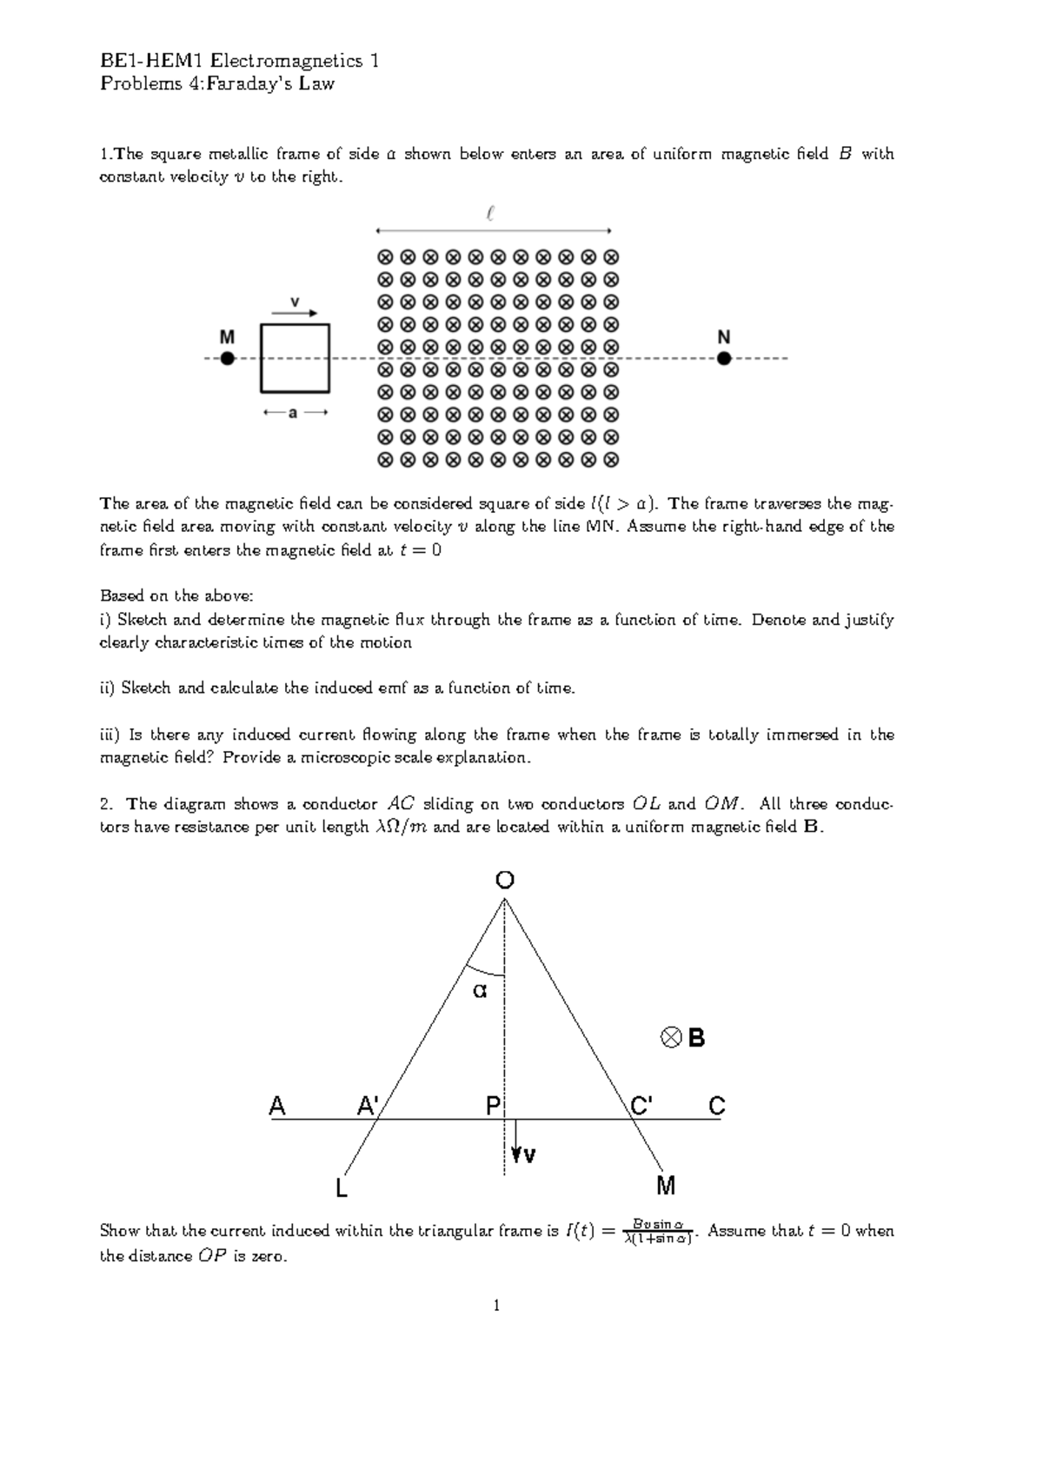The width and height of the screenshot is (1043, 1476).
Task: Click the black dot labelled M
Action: [x=227, y=358]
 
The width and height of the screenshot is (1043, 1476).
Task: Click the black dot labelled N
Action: [x=724, y=358]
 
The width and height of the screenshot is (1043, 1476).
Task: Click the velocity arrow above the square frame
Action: [x=295, y=314]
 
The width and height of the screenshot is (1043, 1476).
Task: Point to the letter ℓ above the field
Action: [x=492, y=213]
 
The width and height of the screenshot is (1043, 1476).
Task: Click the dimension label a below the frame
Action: [x=294, y=414]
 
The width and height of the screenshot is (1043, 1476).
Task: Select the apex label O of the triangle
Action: [x=505, y=881]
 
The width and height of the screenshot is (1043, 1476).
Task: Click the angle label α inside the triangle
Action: [x=480, y=990]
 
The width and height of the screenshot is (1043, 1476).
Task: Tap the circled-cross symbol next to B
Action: [x=670, y=1038]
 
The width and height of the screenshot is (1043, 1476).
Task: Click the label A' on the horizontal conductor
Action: [x=368, y=1107]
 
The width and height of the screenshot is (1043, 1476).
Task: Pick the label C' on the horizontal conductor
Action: [x=641, y=1107]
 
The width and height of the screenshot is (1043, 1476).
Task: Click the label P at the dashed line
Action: [x=494, y=1107]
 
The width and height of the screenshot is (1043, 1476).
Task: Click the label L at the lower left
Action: [x=342, y=1188]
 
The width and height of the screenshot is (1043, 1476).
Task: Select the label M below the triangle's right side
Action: [x=666, y=1186]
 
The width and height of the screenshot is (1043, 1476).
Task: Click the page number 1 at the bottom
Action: [x=496, y=1305]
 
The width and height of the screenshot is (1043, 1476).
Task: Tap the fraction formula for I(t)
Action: [x=658, y=1232]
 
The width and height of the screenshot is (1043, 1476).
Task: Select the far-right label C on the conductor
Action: [x=716, y=1107]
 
